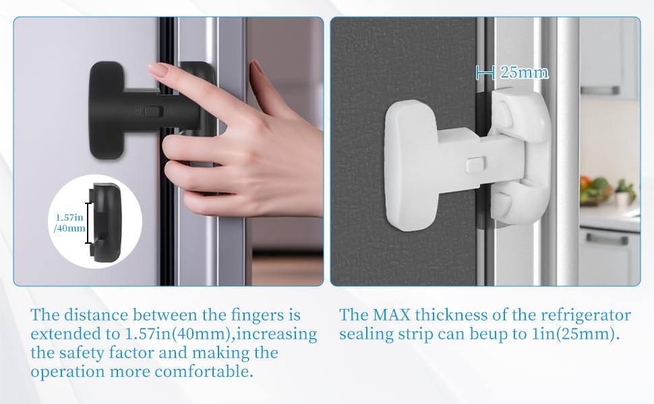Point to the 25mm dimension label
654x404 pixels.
524,72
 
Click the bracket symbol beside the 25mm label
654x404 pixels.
485,72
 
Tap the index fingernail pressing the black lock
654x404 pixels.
159,69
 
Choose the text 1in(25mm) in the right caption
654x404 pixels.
576,335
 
